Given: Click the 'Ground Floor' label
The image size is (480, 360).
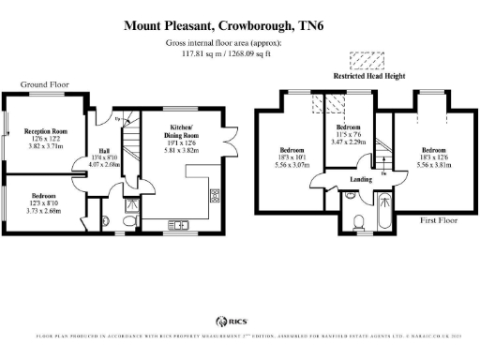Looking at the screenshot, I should [x=44, y=84].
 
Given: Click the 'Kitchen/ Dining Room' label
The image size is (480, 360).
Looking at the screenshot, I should [x=182, y=128].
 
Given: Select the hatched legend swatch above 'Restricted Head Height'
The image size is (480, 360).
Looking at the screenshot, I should [x=360, y=60].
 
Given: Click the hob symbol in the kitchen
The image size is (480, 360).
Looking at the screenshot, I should [x=214, y=197].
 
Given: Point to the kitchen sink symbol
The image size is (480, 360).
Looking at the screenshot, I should [x=177, y=223].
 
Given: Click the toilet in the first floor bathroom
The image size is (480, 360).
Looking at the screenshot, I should [x=360, y=221].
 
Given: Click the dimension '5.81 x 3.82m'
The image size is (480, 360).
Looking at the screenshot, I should [x=182, y=149].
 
